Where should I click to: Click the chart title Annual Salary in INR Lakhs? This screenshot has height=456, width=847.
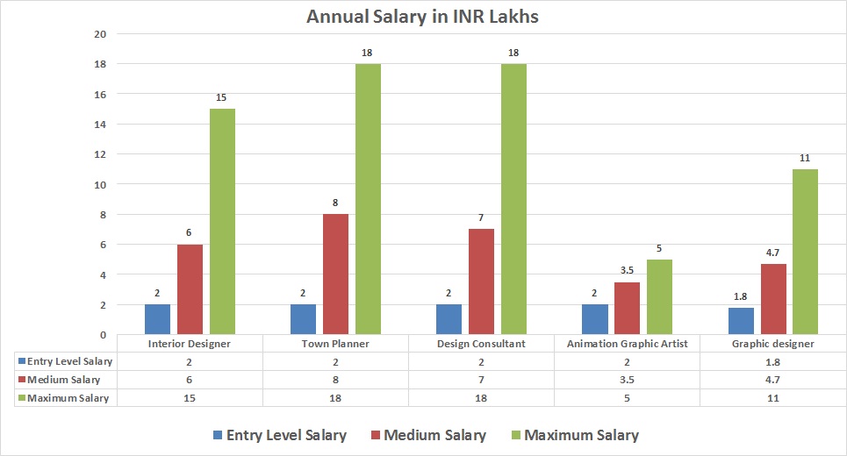(422, 17)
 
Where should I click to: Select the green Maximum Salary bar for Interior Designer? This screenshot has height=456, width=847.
(222, 221)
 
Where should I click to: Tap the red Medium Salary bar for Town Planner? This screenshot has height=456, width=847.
(335, 274)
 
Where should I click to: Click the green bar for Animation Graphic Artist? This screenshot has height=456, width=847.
(659, 296)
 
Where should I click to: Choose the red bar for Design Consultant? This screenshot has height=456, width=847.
(481, 281)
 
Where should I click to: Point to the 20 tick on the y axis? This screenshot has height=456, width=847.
(100, 34)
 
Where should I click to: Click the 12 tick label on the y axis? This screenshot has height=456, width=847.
(100, 154)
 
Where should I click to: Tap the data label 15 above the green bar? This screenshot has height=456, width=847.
(222, 98)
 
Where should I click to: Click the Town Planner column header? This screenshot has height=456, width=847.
(335, 344)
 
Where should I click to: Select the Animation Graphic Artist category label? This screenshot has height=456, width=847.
(627, 344)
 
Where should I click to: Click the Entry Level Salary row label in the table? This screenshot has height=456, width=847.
(68, 361)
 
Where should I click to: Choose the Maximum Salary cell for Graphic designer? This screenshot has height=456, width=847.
(772, 398)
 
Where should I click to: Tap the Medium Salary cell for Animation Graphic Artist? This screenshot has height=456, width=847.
(627, 380)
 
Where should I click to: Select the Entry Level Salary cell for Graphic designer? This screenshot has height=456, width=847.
(772, 361)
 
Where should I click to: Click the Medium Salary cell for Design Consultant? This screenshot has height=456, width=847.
(481, 380)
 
